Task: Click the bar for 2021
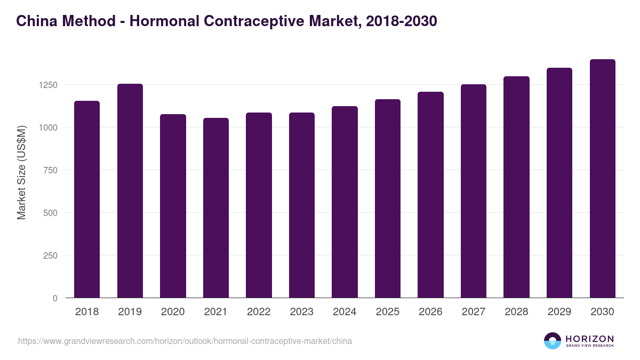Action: click(216, 207)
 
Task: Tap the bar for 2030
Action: click(602, 178)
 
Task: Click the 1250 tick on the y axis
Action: click(48, 85)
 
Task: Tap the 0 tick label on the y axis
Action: click(55, 298)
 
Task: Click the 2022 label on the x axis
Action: click(259, 312)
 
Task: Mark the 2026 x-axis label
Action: click(430, 312)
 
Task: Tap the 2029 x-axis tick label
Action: click(559, 312)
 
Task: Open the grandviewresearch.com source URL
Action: click(185, 341)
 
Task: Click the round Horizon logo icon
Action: click(553, 341)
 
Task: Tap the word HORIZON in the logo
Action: click(589, 339)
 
